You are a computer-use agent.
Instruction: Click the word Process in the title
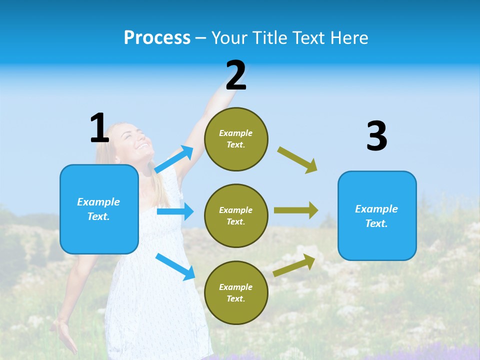click(x=157, y=38)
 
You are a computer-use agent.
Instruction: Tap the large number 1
click(x=99, y=128)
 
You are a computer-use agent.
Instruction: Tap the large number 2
click(x=236, y=75)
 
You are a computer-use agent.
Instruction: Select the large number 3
click(x=376, y=136)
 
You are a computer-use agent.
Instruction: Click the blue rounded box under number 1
click(x=99, y=209)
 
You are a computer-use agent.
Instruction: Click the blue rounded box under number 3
click(x=377, y=215)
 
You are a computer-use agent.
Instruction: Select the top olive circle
click(x=236, y=139)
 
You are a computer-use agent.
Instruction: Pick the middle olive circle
click(x=236, y=215)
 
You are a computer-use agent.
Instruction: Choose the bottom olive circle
click(x=236, y=292)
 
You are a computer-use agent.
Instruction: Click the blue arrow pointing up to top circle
click(x=174, y=159)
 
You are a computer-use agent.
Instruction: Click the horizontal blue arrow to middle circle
click(x=175, y=211)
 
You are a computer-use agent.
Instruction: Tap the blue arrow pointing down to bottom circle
click(x=175, y=266)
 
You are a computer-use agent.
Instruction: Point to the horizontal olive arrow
click(x=296, y=210)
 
